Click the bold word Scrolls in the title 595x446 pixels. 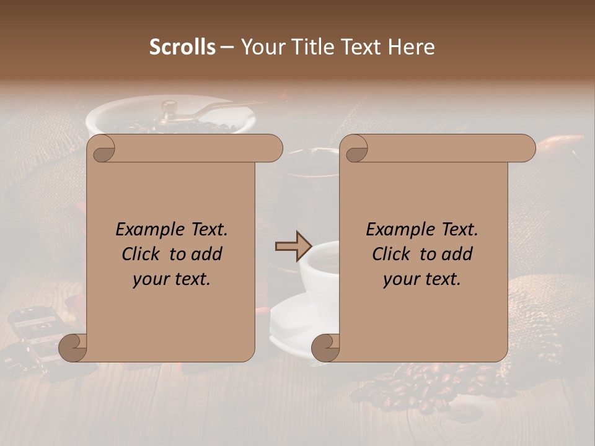[182, 47]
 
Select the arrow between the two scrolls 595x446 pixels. [293, 247]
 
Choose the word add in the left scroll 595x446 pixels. [206, 254]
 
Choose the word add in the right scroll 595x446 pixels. [457, 254]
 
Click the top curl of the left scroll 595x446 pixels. [103, 149]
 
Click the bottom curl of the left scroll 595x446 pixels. [73, 347]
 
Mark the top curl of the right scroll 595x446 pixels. [356, 149]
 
